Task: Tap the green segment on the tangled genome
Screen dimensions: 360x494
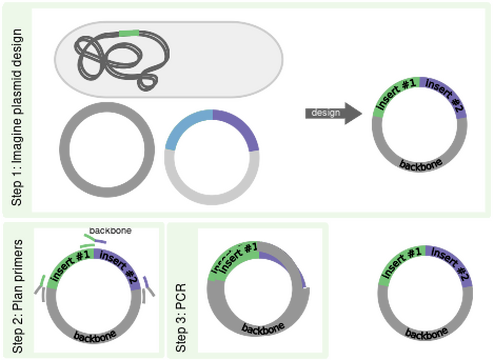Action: [129, 33]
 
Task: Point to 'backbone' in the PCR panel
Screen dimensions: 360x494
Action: [263, 329]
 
